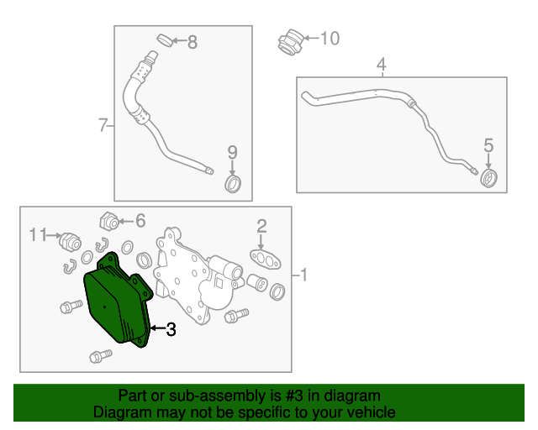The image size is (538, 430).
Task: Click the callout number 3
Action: coord(171,329)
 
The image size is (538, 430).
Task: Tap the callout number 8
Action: coord(193,42)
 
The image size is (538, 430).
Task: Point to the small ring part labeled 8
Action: coord(165,40)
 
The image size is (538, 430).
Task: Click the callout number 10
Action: coord(330,39)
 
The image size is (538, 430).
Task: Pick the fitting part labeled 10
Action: coord(291,42)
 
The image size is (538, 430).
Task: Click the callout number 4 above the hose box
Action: coord(381,65)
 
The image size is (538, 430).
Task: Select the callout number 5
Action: coord(488,145)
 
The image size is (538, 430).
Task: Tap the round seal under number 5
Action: coord(488,178)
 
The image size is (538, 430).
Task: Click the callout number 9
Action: coord(233,152)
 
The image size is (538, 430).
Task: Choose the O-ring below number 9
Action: coord(233,184)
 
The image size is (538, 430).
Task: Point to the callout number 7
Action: coord(103,125)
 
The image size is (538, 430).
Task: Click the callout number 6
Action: coord(140,221)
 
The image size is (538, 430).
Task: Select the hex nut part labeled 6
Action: coord(109,222)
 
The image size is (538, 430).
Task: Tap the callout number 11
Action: coord(38,235)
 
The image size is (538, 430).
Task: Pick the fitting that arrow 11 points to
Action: coord(70,241)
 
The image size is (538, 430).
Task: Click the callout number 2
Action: coord(261,226)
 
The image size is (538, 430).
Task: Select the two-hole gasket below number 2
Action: coord(266,260)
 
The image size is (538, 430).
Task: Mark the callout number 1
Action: coord(303,275)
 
